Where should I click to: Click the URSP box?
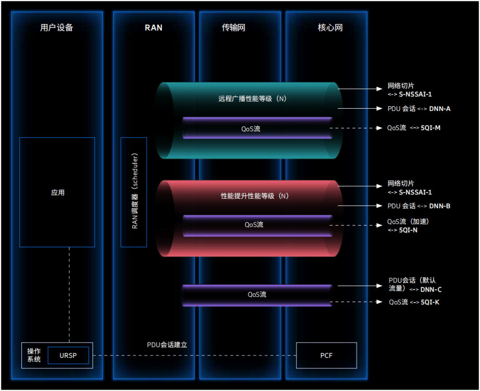(68, 355)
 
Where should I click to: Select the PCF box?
(326, 355)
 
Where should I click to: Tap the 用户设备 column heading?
(56, 28)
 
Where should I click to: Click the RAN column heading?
(153, 28)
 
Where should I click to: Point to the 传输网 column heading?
(234, 28)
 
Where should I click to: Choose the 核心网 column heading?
(330, 28)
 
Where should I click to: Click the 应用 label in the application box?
(58, 193)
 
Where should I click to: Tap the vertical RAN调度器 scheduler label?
(134, 191)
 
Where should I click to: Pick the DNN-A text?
(440, 109)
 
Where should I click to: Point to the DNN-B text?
(440, 206)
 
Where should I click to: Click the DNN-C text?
(431, 289)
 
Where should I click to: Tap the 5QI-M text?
(431, 128)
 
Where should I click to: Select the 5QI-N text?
(408, 230)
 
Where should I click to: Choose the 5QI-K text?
(430, 302)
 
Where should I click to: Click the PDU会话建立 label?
(167, 344)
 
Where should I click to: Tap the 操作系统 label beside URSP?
(34, 355)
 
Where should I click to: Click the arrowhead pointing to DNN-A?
(380, 108)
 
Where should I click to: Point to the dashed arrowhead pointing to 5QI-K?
(380, 302)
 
